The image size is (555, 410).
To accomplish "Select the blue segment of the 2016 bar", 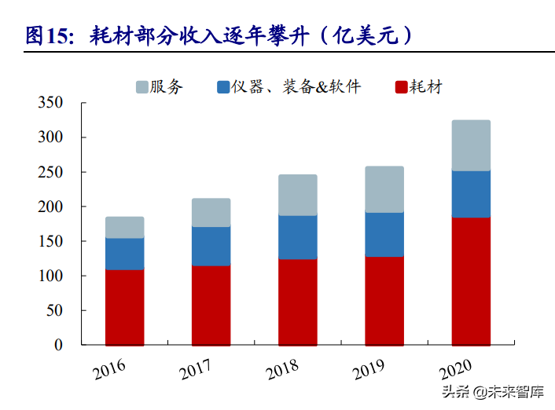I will (124, 254).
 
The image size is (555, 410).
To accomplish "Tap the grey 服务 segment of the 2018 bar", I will (297, 195).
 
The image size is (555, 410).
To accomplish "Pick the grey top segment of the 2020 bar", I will (470, 145).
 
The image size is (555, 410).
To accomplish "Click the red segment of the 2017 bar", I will (211, 305).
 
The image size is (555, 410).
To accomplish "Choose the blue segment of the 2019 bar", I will (384, 234).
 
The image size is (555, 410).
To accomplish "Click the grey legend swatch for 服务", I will (142, 86).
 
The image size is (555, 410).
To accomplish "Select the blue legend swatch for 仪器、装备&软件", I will (222, 86).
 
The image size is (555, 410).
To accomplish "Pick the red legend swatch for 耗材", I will (401, 86).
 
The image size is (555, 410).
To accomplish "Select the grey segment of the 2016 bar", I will (124, 227).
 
